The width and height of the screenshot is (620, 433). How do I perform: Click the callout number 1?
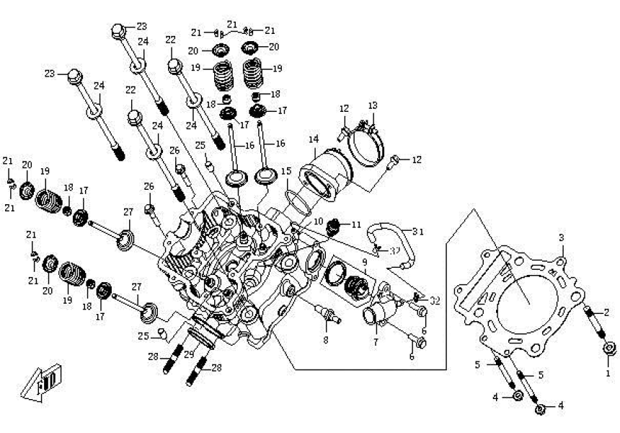click(x=607, y=373)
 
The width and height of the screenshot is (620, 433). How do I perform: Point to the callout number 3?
click(x=562, y=237)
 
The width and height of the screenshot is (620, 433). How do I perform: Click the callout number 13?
click(x=372, y=105)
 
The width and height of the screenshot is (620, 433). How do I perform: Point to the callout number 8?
click(x=325, y=339)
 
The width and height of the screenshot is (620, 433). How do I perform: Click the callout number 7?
click(x=375, y=341)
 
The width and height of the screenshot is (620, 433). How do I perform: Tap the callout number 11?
click(x=355, y=225)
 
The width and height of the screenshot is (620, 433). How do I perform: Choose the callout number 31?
click(x=418, y=231)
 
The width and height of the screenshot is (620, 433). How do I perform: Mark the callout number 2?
click(x=606, y=312)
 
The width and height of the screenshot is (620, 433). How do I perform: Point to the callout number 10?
click(x=319, y=221)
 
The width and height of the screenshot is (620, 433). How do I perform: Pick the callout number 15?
click(x=286, y=171)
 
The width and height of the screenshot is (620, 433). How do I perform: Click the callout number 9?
click(x=366, y=263)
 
